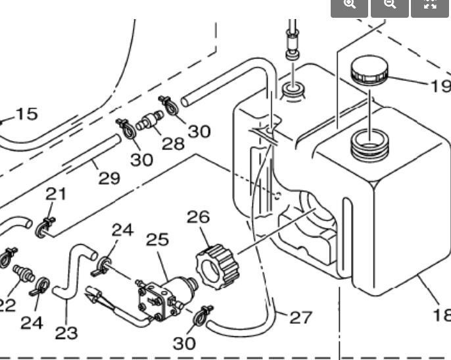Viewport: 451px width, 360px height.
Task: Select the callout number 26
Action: point(198,217)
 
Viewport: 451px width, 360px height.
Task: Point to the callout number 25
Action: point(158,239)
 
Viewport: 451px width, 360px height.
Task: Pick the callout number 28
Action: point(173,143)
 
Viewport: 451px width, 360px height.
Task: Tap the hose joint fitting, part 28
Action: point(151,122)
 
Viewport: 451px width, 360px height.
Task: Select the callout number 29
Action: point(109,177)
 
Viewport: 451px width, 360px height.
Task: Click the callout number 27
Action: point(300,317)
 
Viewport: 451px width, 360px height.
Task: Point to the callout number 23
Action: point(66,332)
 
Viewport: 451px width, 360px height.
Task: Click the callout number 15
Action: point(26,114)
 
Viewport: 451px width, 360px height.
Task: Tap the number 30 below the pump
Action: point(185,343)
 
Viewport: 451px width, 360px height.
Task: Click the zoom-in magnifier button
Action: point(349,4)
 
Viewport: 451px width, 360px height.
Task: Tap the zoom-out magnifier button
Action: point(390,4)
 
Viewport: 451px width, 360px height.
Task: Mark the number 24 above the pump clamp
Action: point(122,230)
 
